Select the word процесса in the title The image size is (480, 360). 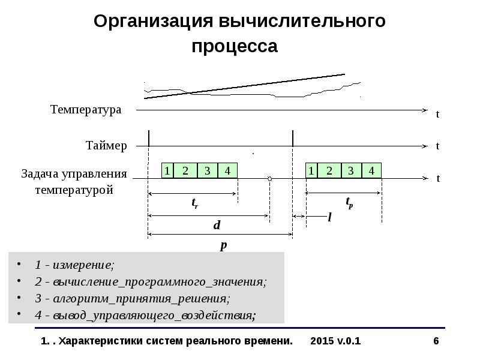(235, 47)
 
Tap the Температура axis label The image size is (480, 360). (86, 110)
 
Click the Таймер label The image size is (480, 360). (106, 145)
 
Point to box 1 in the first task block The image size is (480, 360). (167, 170)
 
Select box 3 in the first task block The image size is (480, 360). (208, 170)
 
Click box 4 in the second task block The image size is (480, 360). (371, 170)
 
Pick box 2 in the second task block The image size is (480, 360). (329, 170)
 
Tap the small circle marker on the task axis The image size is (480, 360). (269, 179)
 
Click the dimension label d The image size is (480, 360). (217, 225)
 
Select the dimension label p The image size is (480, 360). (224, 245)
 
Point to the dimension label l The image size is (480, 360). (329, 217)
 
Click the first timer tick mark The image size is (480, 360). (149, 139)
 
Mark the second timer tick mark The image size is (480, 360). (293, 139)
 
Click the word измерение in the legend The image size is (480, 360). (83, 265)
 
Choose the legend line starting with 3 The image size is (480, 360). (132, 298)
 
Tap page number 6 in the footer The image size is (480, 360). (436, 341)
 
